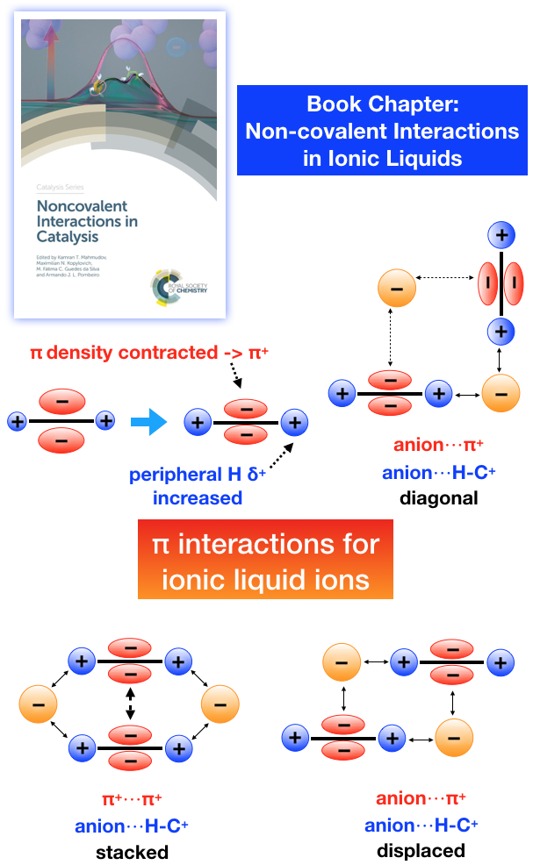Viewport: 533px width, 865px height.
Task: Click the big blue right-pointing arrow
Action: coord(148,425)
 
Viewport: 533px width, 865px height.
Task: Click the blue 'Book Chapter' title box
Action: coord(383,131)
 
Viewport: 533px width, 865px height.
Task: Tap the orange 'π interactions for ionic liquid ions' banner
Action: coord(265,562)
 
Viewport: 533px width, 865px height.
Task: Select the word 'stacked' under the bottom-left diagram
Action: coord(132,851)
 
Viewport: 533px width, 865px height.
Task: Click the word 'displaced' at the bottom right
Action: coord(421,850)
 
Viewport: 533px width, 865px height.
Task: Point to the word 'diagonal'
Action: coord(438,498)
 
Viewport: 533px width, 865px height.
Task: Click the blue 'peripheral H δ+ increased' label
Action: coord(185,487)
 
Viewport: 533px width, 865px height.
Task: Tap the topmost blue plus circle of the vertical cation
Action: coord(501,236)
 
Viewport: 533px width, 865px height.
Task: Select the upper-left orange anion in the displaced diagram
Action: coord(343,661)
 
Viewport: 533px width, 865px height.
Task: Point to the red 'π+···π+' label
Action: coord(132,798)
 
